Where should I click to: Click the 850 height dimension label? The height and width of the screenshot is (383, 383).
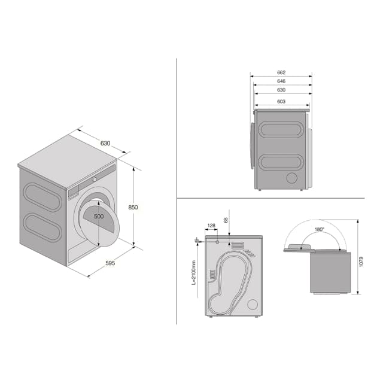pyautogui.click(x=133, y=207)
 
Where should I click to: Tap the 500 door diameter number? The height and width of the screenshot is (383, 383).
pyautogui.click(x=99, y=216)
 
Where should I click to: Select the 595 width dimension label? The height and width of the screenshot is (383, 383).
pyautogui.click(x=110, y=263)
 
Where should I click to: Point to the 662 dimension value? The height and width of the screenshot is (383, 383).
pyautogui.click(x=281, y=72)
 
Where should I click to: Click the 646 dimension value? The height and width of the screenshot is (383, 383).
pyautogui.click(x=281, y=81)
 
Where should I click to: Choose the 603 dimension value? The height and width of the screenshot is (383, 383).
pyautogui.click(x=281, y=101)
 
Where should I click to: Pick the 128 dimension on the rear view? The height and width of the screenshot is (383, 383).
pyautogui.click(x=211, y=226)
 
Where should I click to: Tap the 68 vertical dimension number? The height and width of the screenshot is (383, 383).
pyautogui.click(x=226, y=220)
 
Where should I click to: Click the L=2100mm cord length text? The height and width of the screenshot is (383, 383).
pyautogui.click(x=194, y=273)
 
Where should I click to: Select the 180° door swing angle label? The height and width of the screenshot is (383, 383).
pyautogui.click(x=319, y=229)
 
